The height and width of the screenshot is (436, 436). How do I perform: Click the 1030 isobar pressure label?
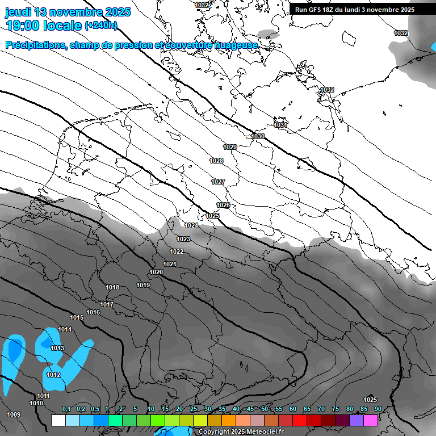tap(258, 137)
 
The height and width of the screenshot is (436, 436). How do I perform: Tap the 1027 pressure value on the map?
tap(218, 182)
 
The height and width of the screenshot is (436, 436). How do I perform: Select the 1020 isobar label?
tap(156, 272)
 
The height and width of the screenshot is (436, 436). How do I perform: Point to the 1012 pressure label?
tap(53, 375)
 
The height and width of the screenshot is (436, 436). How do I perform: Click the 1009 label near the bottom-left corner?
tap(14, 415)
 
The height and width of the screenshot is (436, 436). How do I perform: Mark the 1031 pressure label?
tap(281, 125)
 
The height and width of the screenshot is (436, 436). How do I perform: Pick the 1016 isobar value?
tap(93, 313)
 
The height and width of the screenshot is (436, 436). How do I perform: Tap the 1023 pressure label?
tap(183, 240)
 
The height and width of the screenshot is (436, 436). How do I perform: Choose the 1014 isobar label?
tap(65, 330)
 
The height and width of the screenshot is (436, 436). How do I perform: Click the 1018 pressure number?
tap(112, 288)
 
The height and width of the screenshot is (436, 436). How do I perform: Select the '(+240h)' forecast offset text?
tap(101, 25)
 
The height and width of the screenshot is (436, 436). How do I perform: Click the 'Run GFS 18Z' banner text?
tap(321, 10)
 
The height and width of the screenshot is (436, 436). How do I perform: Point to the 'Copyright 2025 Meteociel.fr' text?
tap(241, 432)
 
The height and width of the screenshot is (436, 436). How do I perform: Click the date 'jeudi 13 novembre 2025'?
tap(68, 12)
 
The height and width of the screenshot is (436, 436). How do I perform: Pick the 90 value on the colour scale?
tap(378, 409)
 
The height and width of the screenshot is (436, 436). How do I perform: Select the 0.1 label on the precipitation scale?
tap(66, 409)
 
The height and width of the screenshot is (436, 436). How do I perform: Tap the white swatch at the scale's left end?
tap(58, 420)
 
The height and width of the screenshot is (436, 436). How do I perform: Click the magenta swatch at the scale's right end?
tap(371, 420)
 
